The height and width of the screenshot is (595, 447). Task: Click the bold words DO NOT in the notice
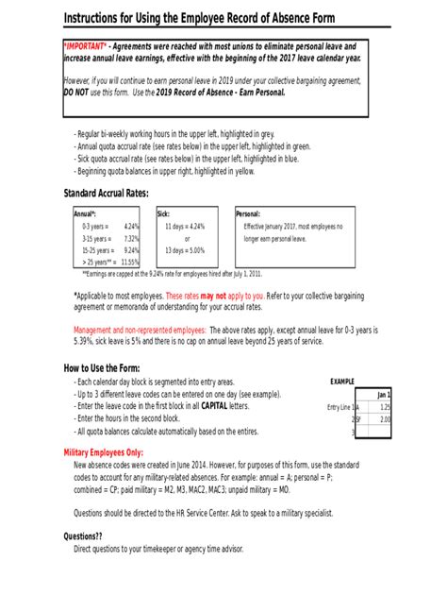77,93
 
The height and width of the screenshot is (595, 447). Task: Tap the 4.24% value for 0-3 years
131,227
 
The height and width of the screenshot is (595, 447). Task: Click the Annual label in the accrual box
85,214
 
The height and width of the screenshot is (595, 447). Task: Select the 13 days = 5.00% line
185,250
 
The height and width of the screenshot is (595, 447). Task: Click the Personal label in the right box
248,214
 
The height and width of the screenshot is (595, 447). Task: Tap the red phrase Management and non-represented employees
140,330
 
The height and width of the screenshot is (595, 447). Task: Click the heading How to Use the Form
102,368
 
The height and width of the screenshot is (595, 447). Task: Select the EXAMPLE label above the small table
341,382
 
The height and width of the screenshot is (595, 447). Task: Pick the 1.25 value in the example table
385,407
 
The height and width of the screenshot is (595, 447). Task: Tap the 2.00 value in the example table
385,419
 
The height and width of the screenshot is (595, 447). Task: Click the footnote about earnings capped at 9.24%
172,273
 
